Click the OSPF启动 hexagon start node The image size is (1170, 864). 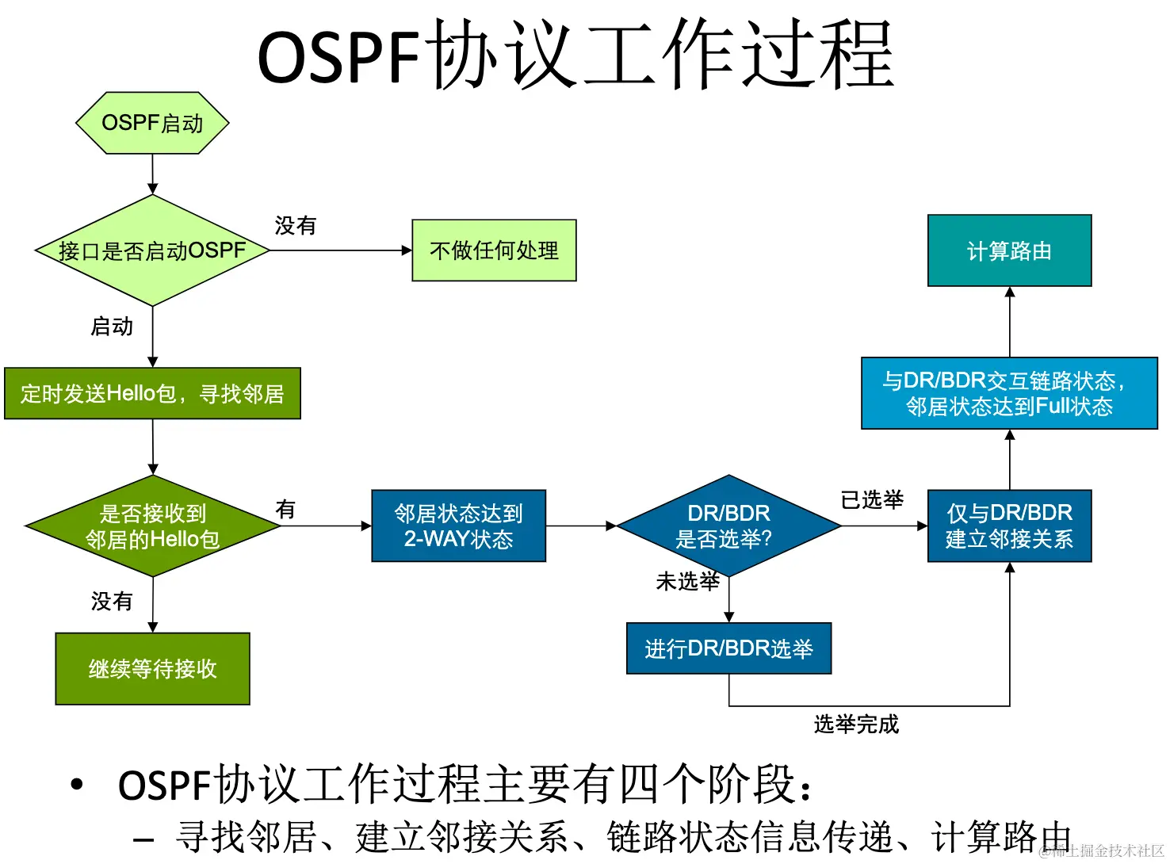point(152,123)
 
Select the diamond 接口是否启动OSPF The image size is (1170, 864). point(152,250)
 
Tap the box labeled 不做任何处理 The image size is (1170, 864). point(494,250)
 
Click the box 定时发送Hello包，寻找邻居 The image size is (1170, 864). point(152,393)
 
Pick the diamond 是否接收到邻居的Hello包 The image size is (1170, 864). point(152,526)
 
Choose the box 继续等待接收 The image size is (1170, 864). point(152,668)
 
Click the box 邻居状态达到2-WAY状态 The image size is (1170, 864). point(458,526)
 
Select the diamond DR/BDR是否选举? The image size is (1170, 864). point(728,526)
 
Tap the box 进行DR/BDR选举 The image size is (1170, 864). point(728,648)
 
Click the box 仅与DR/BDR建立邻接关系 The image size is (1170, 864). point(1009,526)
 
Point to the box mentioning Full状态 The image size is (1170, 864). point(1009,393)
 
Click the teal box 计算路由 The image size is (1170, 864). point(1009,250)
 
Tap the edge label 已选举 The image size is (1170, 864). point(872,500)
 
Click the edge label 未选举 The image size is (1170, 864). point(687,582)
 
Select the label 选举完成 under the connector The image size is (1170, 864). point(856,724)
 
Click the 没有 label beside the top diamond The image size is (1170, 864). point(296,226)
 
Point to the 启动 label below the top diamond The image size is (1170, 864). point(112,327)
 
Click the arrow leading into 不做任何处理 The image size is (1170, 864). point(341,250)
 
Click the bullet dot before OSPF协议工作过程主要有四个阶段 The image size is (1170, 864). point(76,785)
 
